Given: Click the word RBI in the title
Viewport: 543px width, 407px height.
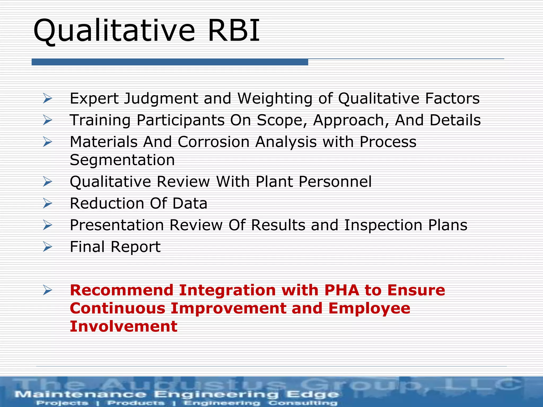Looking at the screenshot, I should pyautogui.click(x=233, y=30).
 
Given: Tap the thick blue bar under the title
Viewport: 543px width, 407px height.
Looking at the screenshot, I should pyautogui.click(x=170, y=62).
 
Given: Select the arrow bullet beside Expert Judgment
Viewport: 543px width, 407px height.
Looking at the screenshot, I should pyautogui.click(x=48, y=99).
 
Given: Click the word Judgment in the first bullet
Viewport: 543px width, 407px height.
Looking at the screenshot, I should pyautogui.click(x=161, y=99).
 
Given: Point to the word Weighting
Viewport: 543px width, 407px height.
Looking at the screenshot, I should pyautogui.click(x=275, y=99).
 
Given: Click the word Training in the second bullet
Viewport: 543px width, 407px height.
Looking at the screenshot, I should pyautogui.click(x=100, y=120).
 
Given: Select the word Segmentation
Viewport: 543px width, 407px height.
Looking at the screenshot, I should pyautogui.click(x=122, y=160).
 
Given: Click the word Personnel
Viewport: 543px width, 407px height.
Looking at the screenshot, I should pyautogui.click(x=335, y=182).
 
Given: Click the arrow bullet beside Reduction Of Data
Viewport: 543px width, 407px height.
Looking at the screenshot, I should pyautogui.click(x=48, y=203).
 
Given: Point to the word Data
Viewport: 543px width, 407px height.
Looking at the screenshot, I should pyautogui.click(x=190, y=203).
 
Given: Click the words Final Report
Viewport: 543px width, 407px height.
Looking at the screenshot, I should pyautogui.click(x=115, y=247).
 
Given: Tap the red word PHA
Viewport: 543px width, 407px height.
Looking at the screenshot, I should pyautogui.click(x=341, y=290).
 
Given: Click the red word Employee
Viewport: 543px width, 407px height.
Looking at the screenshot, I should pyautogui.click(x=369, y=308).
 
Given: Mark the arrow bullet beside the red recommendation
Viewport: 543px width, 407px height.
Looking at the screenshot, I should pyautogui.click(x=48, y=291).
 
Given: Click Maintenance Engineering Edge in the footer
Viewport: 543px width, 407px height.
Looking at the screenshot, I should pyautogui.click(x=177, y=394).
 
